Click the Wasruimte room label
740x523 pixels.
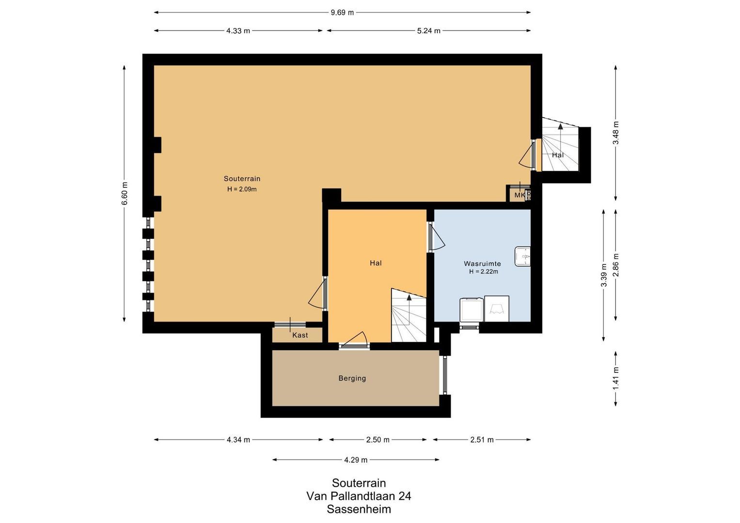(482, 263)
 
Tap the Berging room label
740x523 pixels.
(352, 378)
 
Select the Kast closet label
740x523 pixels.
(300, 335)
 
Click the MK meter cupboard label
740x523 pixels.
(519, 195)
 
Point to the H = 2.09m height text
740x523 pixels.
(242, 189)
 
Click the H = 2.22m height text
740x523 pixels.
(483, 272)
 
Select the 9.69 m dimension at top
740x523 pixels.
(342, 13)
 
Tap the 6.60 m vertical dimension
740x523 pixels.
(125, 193)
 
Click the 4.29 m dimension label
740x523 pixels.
(356, 460)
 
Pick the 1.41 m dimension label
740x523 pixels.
(616, 378)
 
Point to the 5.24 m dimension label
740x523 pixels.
(428, 31)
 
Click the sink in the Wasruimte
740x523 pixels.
(522, 256)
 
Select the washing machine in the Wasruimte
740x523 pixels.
(472, 309)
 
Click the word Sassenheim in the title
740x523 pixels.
(359, 509)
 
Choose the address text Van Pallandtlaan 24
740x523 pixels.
(359, 496)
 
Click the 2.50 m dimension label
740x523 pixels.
(378, 440)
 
